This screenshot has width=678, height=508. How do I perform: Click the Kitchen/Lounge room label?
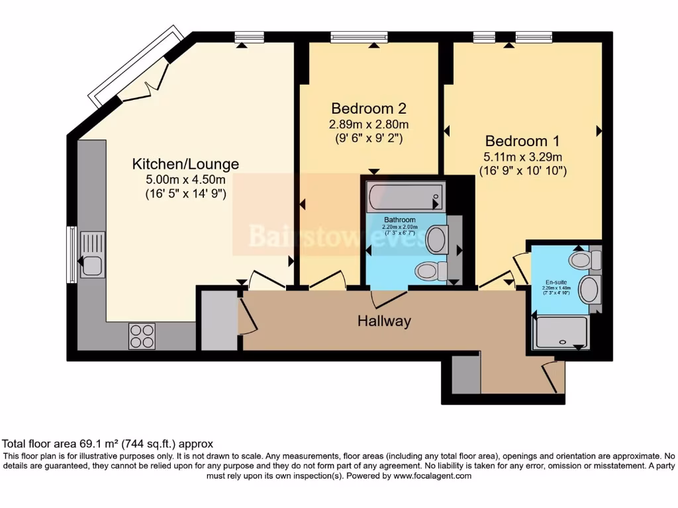coord(185,164)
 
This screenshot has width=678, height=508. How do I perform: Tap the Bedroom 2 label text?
coord(369,108)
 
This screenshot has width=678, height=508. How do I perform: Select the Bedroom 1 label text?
coord(522,141)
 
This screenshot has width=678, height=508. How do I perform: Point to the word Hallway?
coord(384,321)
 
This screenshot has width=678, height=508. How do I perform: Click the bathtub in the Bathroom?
coord(405,196)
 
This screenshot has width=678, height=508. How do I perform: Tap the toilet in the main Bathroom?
coord(430,271)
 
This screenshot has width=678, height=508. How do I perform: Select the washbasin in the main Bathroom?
coord(436,239)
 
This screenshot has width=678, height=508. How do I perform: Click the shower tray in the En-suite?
coord(561,332)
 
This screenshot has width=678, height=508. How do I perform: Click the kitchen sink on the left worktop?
coord(92,254)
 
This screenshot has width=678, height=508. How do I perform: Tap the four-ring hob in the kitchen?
coord(141,335)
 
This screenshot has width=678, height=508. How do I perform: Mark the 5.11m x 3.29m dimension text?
coord(523,157)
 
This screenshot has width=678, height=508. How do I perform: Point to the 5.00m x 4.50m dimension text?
coord(185,179)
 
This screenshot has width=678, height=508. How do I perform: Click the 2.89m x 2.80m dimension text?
coord(369,124)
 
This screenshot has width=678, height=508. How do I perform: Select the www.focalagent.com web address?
coord(432,476)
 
